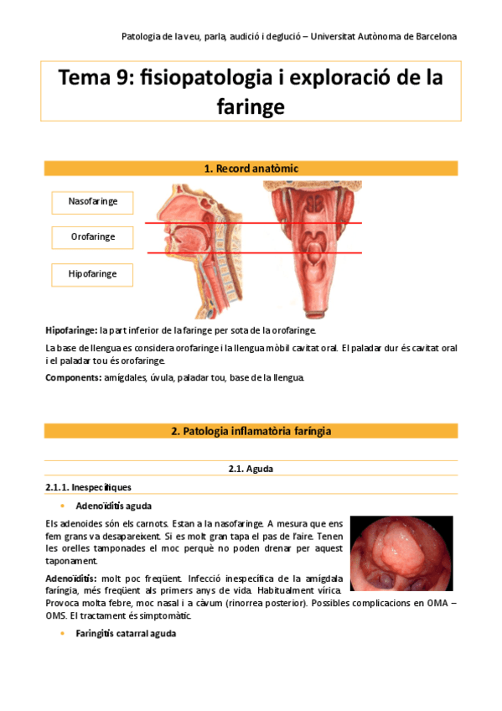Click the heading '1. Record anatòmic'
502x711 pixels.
click(x=251, y=169)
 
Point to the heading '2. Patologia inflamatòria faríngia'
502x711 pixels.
click(x=251, y=431)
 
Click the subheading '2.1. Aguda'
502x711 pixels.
click(x=251, y=469)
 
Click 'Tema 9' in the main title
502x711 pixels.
click(x=93, y=79)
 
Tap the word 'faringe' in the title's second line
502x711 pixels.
click(x=251, y=106)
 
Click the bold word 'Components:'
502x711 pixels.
click(x=73, y=377)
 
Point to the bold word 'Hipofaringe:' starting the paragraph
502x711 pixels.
click(x=71, y=330)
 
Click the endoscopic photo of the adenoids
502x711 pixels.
click(x=401, y=553)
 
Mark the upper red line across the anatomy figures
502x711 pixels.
click(x=251, y=223)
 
